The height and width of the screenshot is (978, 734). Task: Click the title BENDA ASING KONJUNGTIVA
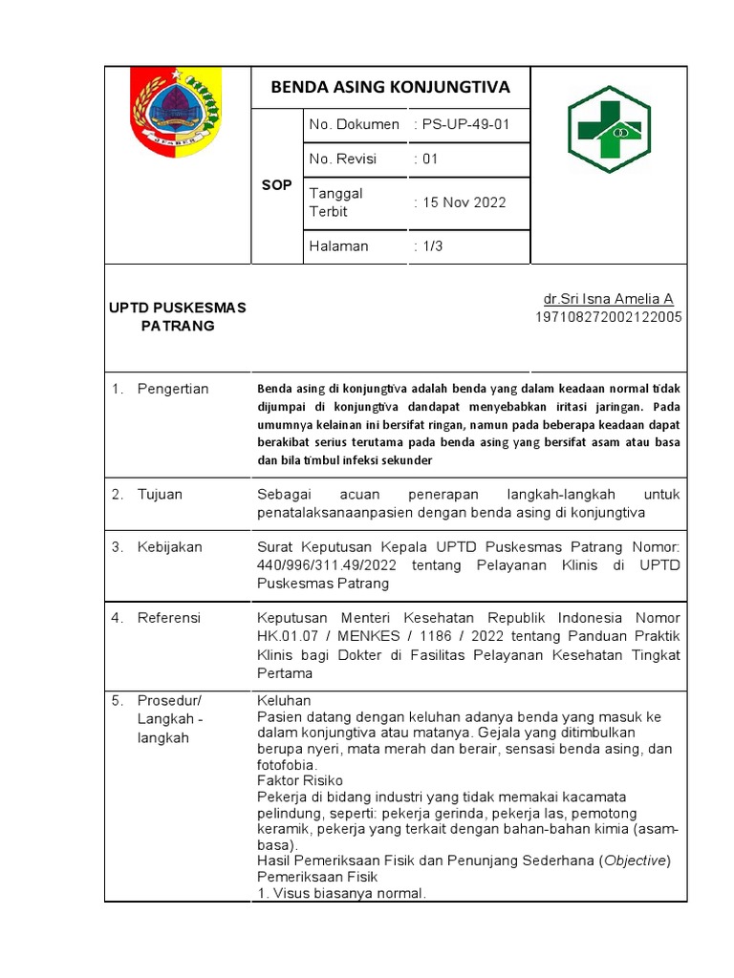[390, 88]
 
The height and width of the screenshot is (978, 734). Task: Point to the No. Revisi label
[339, 159]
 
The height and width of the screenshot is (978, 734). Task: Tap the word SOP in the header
[276, 185]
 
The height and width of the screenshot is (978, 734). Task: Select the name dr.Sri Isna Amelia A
[608, 299]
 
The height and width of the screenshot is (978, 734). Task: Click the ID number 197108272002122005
[608, 317]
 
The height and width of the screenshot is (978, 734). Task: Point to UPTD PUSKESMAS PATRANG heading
[176, 316]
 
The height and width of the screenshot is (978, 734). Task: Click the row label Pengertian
[172, 389]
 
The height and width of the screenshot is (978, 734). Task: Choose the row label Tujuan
[160, 495]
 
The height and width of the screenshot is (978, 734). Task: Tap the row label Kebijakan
[169, 547]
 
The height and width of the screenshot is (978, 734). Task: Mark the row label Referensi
[169, 618]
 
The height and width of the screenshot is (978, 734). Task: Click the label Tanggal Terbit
[335, 202]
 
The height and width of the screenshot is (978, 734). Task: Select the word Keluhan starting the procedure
[285, 701]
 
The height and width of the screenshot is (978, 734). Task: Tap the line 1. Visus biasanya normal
[341, 894]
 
